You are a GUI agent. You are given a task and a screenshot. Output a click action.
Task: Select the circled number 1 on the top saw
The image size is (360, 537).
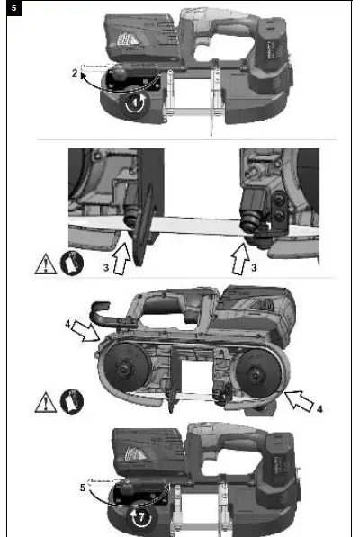(134, 103)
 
